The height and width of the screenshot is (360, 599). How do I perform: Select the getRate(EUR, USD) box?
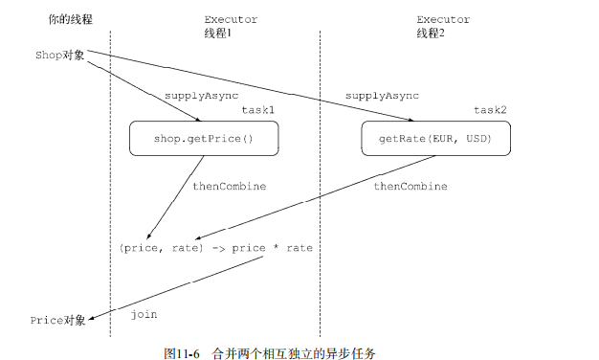tap(434, 140)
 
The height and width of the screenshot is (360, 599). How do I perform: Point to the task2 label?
tap(490, 110)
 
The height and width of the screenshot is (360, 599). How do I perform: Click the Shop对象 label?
tap(59, 55)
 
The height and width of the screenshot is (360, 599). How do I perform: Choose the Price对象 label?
tap(57, 319)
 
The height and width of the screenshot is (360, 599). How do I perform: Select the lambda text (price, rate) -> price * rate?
tap(215, 248)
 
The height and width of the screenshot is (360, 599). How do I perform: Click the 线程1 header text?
tap(217, 32)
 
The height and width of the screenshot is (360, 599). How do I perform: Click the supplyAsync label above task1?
tap(201, 96)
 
